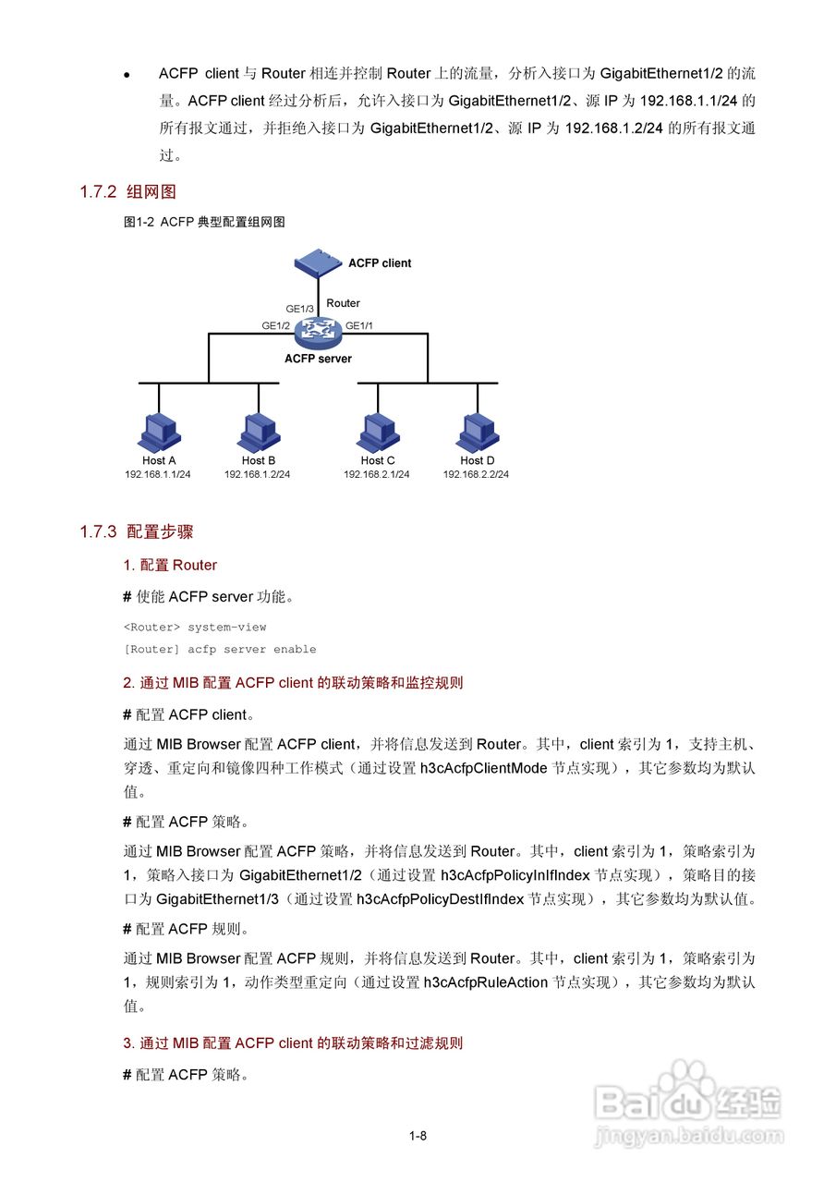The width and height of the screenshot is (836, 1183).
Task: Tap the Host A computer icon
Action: (158, 432)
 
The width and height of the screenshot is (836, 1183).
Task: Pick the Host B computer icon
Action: (258, 432)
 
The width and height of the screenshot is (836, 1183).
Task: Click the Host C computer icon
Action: (377, 432)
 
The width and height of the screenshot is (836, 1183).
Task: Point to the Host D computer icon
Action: (477, 432)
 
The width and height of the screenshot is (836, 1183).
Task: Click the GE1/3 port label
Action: (299, 309)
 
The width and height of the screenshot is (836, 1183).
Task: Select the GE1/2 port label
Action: (275, 325)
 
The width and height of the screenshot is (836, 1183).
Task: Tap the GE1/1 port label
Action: (359, 325)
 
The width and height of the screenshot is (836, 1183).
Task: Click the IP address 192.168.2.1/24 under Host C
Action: (377, 474)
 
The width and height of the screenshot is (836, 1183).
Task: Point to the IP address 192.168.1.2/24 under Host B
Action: (258, 474)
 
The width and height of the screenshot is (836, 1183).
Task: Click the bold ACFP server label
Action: (318, 359)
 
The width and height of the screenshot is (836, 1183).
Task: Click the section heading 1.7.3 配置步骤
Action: (136, 531)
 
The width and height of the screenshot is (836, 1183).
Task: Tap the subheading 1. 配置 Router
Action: (170, 565)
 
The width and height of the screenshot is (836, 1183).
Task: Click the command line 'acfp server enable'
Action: (220, 649)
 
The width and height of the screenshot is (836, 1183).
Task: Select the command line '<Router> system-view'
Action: (195, 628)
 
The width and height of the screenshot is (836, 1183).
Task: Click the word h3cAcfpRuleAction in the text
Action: (485, 982)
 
